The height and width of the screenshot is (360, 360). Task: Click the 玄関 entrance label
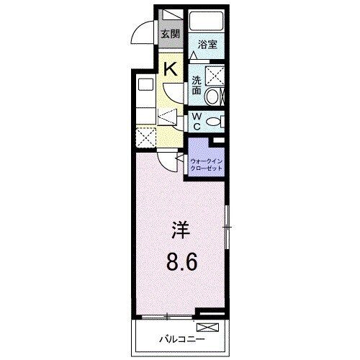point(169,34)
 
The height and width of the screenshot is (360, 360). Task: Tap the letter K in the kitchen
point(171,70)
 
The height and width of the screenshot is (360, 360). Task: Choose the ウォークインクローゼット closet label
point(207,165)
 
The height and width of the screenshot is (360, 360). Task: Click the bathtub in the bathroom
point(208,20)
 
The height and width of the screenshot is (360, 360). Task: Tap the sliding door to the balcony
point(166,316)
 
